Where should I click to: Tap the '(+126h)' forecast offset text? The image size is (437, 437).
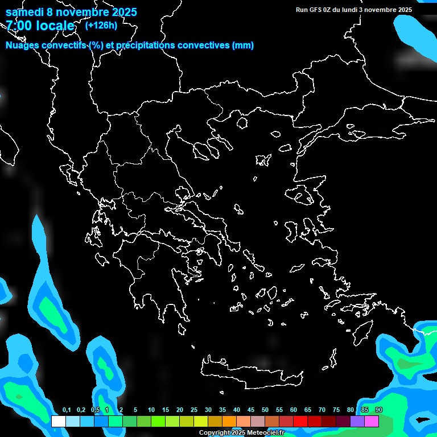pos(101,25)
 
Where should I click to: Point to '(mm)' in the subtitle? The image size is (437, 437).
pos(243,46)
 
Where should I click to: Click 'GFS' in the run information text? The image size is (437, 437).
pos(315,10)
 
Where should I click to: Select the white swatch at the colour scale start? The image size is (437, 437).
pos(58,422)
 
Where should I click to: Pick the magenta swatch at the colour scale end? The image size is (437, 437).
pos(372,422)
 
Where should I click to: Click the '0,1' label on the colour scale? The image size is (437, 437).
pos(67,410)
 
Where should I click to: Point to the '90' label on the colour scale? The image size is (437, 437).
pos(379,410)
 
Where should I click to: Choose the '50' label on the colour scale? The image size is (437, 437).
pos(265,410)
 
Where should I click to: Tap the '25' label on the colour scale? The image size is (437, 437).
pos(194,410)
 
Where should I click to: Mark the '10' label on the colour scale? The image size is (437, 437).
pos(151,410)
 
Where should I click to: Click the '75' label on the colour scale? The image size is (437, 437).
pos(336,410)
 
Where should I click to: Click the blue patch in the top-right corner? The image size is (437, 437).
pos(418,34)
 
